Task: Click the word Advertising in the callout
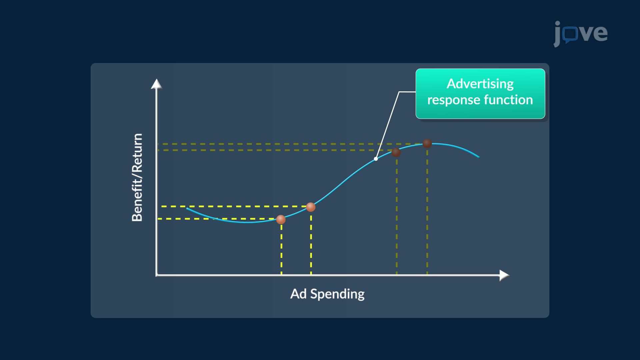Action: pos(480,84)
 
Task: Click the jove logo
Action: pos(580,34)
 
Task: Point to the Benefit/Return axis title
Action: pos(137,177)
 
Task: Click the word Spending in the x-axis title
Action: pos(337,294)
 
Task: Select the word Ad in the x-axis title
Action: pos(298,294)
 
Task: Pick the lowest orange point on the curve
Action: pos(281,219)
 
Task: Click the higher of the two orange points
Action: pos(311,207)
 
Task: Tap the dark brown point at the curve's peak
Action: pos(427,143)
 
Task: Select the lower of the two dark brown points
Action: pos(396,152)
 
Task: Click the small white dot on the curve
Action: pos(376,159)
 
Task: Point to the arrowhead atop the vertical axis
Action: pos(156,84)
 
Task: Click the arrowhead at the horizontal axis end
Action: pos(504,275)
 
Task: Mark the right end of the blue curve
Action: pos(479,157)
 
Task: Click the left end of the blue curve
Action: pos(187,208)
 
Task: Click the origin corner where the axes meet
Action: pos(156,275)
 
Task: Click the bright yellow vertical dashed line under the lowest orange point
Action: pos(281,249)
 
